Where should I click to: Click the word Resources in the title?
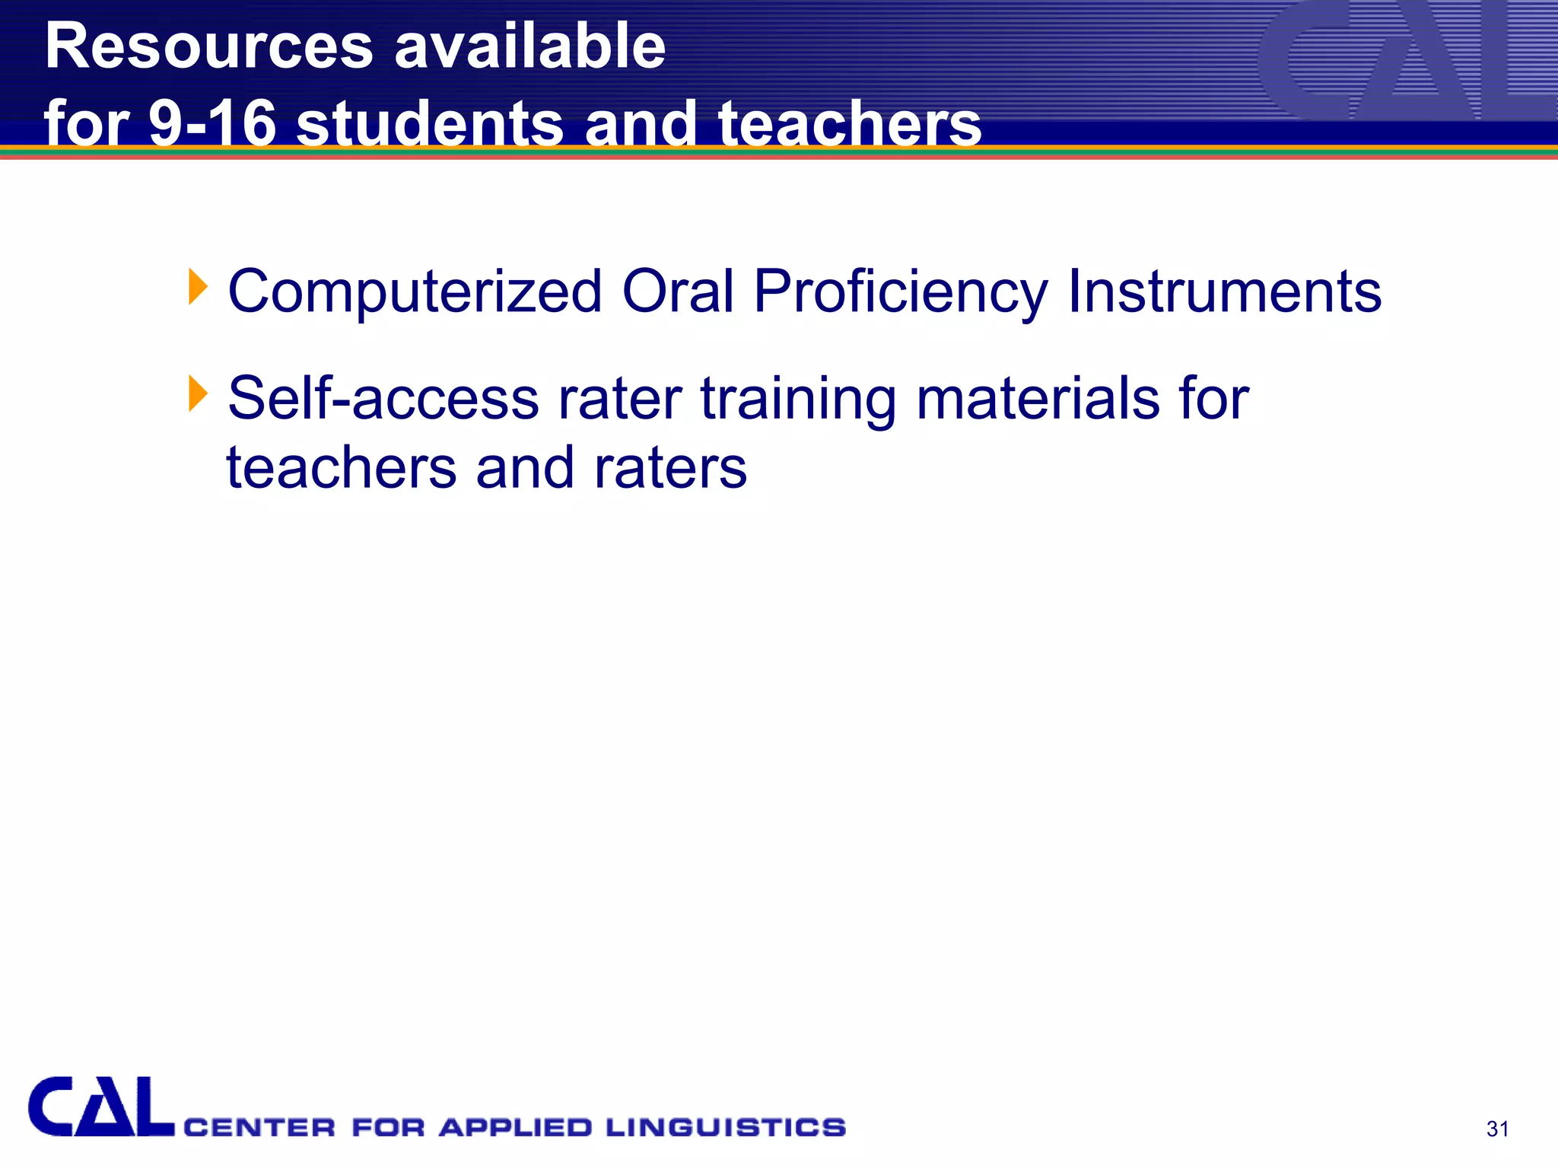pyautogui.click(x=209, y=47)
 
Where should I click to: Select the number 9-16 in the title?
pyautogui.click(x=212, y=124)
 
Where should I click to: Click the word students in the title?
pyautogui.click(x=430, y=124)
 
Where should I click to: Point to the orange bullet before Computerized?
pyautogui.click(x=198, y=287)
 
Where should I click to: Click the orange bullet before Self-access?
pyautogui.click(x=198, y=394)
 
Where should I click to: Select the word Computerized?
pyautogui.click(x=415, y=292)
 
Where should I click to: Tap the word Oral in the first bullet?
pyautogui.click(x=678, y=291)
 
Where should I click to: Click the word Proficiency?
pyautogui.click(x=901, y=292)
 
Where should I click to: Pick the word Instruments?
pyautogui.click(x=1225, y=291)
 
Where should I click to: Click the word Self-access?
pyautogui.click(x=383, y=398)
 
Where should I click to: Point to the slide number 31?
pyautogui.click(x=1497, y=1129)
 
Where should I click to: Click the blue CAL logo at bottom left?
pyautogui.click(x=100, y=1107)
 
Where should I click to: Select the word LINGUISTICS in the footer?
pyautogui.click(x=726, y=1127)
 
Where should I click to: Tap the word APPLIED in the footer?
pyautogui.click(x=516, y=1127)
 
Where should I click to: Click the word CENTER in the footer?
pyautogui.click(x=259, y=1127)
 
